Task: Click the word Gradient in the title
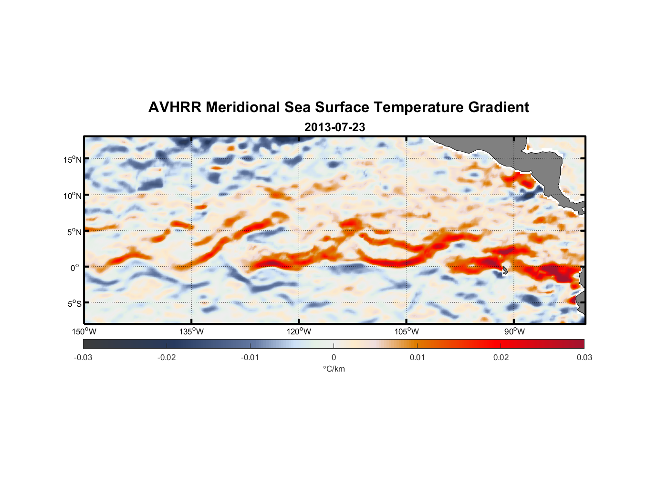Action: (498, 107)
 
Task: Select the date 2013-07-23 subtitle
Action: (334, 127)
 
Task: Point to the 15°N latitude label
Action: (73, 159)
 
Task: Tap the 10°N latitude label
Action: (73, 196)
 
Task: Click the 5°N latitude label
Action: (74, 232)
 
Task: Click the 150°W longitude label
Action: (84, 332)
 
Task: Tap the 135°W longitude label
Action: (191, 332)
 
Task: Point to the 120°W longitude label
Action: (299, 332)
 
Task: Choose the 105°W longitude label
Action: (407, 332)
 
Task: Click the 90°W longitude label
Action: (514, 332)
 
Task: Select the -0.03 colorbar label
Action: (83, 357)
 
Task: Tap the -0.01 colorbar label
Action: (250, 357)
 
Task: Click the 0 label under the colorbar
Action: (334, 357)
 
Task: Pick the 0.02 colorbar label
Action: (501, 357)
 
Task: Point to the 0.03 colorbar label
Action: (584, 357)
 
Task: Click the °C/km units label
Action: (334, 369)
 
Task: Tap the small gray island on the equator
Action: (505, 270)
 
